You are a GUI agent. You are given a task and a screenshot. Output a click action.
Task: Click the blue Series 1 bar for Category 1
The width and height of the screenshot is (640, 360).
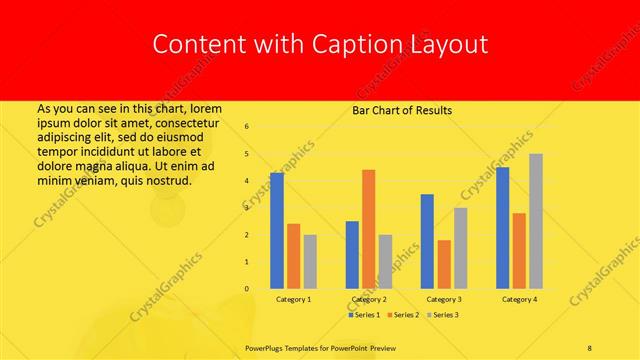[277, 230]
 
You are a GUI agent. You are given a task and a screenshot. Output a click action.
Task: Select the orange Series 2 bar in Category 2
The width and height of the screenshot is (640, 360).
[368, 229]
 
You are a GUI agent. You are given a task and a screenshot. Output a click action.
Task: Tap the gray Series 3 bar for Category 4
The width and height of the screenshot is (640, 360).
[536, 221]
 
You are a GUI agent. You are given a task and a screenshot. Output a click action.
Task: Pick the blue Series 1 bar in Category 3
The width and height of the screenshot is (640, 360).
[427, 241]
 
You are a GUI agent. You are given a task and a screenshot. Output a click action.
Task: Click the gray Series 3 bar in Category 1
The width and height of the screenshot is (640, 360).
[310, 261]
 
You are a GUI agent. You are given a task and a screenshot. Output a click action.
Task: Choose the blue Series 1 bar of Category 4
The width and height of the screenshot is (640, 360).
[502, 227]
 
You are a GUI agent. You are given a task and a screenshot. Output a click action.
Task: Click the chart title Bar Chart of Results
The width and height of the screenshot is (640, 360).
[402, 110]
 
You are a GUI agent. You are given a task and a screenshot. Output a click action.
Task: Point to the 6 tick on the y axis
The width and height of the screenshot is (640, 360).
[247, 127]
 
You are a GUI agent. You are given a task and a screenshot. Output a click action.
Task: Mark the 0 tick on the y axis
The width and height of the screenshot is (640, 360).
[247, 289]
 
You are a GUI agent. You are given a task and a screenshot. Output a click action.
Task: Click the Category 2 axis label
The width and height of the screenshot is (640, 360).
[369, 299]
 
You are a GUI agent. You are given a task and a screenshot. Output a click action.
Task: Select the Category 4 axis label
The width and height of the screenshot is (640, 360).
[519, 299]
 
